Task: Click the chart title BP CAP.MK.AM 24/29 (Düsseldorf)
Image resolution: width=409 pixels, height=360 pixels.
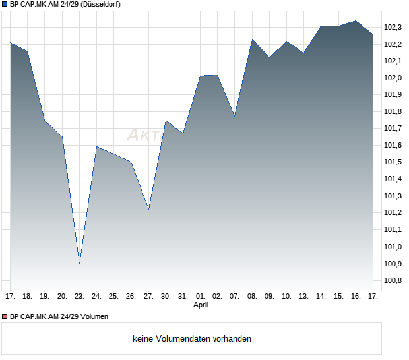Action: pyautogui.click(x=65, y=4)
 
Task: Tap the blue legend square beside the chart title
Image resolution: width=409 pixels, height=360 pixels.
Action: pyautogui.click(x=5, y=4)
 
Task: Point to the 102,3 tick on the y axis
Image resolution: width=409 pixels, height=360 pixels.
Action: pyautogui.click(x=393, y=27)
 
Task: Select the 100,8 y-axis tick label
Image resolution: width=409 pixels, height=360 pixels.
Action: pyautogui.click(x=393, y=280)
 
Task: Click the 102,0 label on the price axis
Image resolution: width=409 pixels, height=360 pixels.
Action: pyautogui.click(x=393, y=78)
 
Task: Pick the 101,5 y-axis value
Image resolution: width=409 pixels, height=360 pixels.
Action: pyautogui.click(x=393, y=162)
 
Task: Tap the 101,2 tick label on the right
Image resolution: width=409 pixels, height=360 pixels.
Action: pyautogui.click(x=393, y=213)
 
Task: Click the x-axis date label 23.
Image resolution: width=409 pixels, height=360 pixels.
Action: pyautogui.click(x=79, y=296)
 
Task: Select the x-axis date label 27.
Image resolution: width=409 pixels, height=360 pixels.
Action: pyautogui.click(x=148, y=296)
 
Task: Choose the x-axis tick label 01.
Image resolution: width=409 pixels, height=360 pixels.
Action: pyautogui.click(x=201, y=296)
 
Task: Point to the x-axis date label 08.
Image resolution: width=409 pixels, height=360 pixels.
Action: pyautogui.click(x=252, y=296)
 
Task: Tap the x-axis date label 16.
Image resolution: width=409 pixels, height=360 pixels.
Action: pyautogui.click(x=356, y=296)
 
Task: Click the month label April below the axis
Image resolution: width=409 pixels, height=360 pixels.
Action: pyautogui.click(x=201, y=305)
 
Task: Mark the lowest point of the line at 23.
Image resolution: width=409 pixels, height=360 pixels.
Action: pyautogui.click(x=79, y=264)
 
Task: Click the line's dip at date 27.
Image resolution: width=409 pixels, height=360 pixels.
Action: pyautogui.click(x=148, y=209)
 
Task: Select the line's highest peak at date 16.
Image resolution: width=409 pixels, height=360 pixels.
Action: pyautogui.click(x=356, y=21)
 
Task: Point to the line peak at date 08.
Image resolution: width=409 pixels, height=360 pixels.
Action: pyautogui.click(x=252, y=40)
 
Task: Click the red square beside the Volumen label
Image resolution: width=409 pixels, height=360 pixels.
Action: pyautogui.click(x=5, y=316)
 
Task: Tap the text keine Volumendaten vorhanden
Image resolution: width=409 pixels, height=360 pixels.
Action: pyautogui.click(x=192, y=339)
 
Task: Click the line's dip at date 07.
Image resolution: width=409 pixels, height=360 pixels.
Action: pyautogui.click(x=234, y=116)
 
